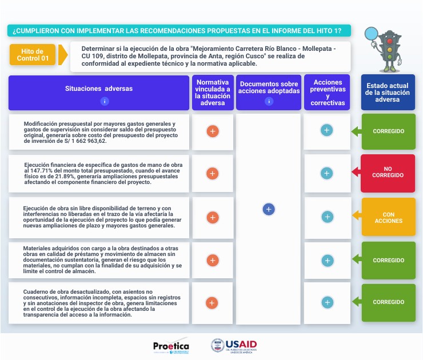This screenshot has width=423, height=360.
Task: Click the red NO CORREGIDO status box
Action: point(388,173)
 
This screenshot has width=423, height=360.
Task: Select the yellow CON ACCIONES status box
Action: point(388,217)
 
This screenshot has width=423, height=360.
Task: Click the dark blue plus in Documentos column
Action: point(269,209)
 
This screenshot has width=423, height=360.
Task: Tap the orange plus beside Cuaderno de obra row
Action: point(212,303)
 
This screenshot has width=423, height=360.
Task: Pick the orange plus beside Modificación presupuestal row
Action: point(212,131)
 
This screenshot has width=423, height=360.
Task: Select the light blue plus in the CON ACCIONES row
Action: point(327,217)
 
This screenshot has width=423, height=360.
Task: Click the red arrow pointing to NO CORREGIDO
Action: point(355,173)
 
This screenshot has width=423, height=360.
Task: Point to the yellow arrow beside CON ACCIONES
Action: point(355,217)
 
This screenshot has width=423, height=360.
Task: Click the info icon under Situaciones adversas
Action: point(104,101)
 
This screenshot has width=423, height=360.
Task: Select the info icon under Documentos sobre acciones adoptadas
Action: point(269,101)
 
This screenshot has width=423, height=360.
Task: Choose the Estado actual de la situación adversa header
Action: point(388,92)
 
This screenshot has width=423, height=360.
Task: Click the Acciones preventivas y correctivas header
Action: point(327,93)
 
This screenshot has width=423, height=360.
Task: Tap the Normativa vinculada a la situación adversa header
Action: point(212,92)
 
